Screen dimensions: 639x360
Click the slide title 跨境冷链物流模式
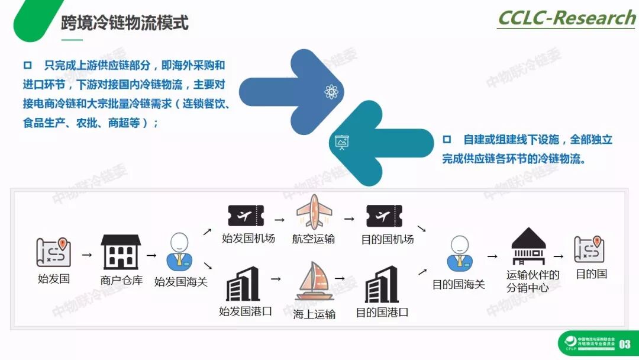[x=124, y=22]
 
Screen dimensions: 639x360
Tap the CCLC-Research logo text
[x=566, y=18]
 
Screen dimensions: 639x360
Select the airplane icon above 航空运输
[x=314, y=212]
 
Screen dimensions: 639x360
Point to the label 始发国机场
[x=248, y=239]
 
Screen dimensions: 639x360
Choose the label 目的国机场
[x=388, y=239]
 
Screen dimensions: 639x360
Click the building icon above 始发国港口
[x=243, y=284]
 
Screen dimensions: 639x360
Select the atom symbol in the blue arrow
[x=331, y=92]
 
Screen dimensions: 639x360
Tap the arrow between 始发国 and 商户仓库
[x=87, y=255]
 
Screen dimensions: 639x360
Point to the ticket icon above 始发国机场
[x=246, y=216]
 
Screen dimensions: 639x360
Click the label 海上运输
[x=314, y=314]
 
